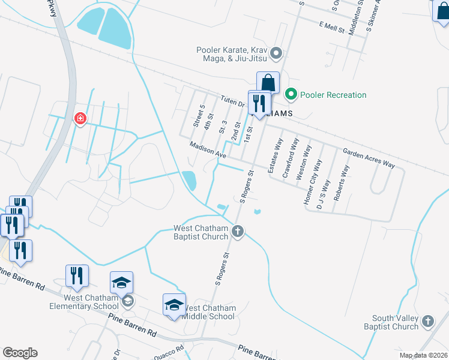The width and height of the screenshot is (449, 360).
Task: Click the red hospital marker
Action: tap(79, 118)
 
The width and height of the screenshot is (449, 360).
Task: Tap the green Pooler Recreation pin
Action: tap(291, 94)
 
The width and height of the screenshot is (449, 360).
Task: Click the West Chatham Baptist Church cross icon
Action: tap(238, 231)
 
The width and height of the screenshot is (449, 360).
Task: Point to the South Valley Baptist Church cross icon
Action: tap(427, 321)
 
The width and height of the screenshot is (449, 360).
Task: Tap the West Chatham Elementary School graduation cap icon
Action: tap(121, 282)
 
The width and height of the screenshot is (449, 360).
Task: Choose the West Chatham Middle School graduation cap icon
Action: tap(174, 304)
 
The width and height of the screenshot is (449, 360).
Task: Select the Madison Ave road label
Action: tap(207, 150)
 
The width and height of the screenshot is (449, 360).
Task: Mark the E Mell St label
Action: tap(332, 28)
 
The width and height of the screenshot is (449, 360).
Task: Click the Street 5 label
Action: tap(199, 115)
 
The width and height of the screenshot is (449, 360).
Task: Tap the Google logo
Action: tap(20, 353)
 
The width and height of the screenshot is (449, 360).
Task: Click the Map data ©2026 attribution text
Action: tap(423, 355)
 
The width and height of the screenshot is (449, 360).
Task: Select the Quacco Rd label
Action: tap(172, 350)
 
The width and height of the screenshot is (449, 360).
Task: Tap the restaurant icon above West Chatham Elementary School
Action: tap(77, 275)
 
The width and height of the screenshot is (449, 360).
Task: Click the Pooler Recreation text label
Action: tap(333, 95)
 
